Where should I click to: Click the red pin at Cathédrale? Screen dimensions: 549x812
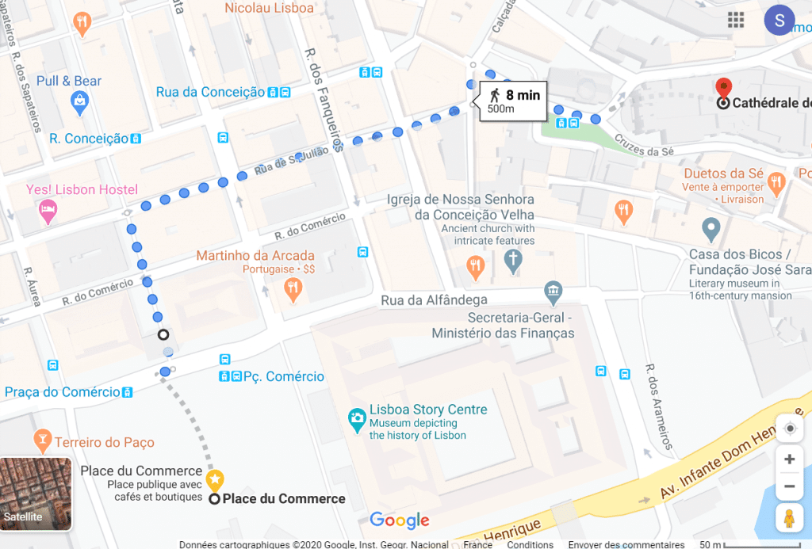click(x=722, y=88)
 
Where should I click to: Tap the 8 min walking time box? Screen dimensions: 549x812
click(x=514, y=101)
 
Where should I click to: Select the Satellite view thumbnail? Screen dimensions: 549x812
click(x=36, y=494)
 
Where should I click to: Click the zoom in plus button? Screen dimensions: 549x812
click(x=789, y=459)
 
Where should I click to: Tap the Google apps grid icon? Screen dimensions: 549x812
click(x=736, y=21)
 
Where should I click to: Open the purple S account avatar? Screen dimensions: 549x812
click(x=779, y=21)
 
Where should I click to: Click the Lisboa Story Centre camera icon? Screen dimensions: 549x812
click(x=358, y=417)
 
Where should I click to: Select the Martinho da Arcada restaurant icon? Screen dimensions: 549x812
click(x=293, y=289)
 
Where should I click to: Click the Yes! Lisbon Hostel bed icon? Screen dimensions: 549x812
click(x=48, y=211)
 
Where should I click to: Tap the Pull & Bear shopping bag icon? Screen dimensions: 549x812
click(x=79, y=101)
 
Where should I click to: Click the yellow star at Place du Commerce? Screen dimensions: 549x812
click(x=215, y=478)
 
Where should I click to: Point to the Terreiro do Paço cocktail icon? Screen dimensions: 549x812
click(x=42, y=439)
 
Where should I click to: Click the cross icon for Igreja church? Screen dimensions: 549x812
click(x=513, y=260)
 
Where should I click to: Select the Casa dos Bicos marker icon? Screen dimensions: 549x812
click(x=711, y=230)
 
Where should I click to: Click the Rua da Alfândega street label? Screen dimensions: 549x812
click(x=434, y=299)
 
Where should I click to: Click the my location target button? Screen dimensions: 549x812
click(x=789, y=429)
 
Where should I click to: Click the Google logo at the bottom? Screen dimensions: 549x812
click(x=400, y=520)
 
